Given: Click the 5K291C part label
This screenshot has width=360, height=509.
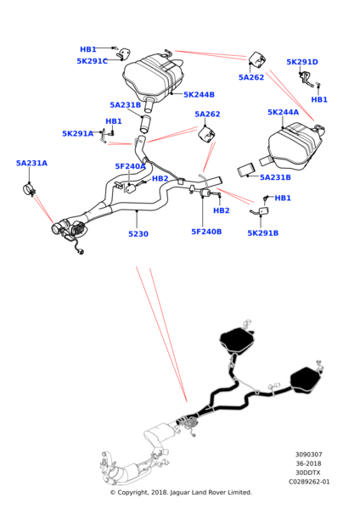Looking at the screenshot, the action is click(93, 61).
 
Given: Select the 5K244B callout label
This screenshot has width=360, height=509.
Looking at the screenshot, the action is click(199, 95).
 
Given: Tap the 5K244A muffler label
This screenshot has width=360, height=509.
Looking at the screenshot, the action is click(283, 112).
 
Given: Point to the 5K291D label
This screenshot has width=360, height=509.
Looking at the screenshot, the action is click(302, 62).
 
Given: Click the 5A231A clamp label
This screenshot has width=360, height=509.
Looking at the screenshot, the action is click(31, 163).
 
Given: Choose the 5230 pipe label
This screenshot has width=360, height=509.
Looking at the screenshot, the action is click(138, 234).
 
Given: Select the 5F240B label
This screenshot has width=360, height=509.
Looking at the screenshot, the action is click(206, 232).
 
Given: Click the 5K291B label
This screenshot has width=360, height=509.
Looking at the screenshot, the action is click(263, 233).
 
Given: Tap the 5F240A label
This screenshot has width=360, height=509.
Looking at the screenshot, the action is click(130, 166).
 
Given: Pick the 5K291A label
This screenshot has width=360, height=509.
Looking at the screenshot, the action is click(77, 134).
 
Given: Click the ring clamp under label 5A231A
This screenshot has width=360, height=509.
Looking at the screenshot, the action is click(29, 189).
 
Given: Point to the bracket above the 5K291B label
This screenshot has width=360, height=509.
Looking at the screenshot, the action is click(260, 211).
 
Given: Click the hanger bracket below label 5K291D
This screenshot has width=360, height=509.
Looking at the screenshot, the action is click(306, 79).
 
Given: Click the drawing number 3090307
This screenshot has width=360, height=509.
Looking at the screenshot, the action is click(309, 455).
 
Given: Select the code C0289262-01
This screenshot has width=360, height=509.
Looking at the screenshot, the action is click(309, 482).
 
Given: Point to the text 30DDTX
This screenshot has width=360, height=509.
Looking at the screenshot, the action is click(309, 473).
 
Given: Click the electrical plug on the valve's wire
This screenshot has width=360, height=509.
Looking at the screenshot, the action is click(81, 251).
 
